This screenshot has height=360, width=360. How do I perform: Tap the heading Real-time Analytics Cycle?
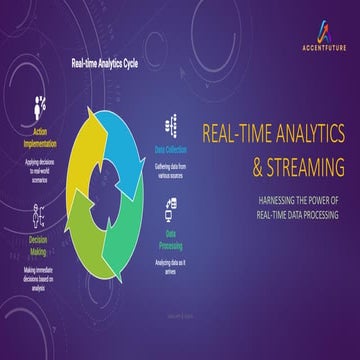pos(105,63)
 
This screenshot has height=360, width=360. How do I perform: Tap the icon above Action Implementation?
pos(41,105)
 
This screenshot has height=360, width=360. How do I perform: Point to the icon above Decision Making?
pos(39,214)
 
